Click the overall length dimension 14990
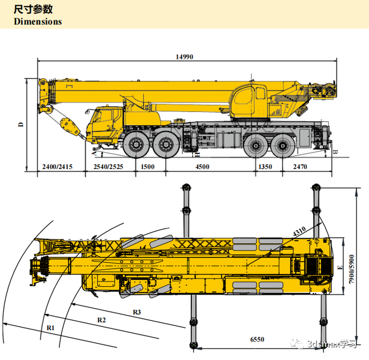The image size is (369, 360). coord(184,57)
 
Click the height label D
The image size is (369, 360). coord(21,123)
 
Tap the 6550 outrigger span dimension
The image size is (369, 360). coord(257,340)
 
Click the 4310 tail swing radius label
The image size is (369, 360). coord(299,232)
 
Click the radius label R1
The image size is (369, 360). coord(50,327)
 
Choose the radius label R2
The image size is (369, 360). coord(101,319)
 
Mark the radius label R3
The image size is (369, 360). coord(137,312)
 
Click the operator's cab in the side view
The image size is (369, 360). coord(248,102)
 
